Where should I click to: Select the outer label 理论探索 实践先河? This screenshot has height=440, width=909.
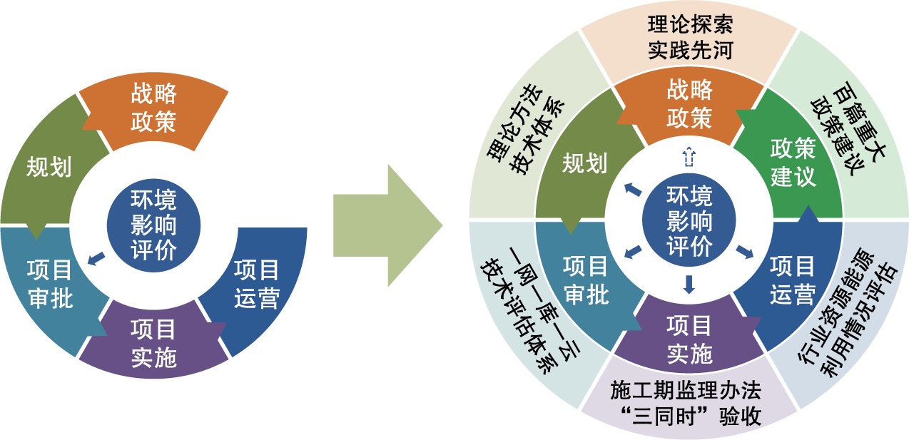[x=689, y=39]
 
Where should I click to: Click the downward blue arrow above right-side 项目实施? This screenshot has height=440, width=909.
[x=689, y=285]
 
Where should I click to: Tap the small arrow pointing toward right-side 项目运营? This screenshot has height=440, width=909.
[x=745, y=251]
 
